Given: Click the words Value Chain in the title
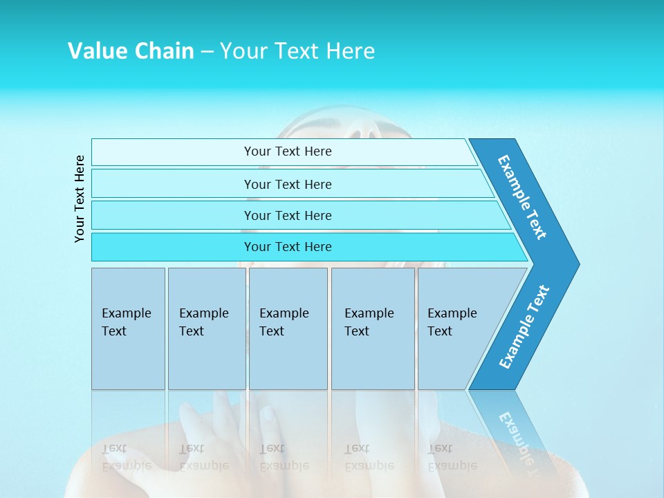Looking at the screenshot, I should [131, 50].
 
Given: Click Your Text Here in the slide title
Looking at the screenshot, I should [297, 50].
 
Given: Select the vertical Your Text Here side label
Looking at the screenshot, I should [80, 199].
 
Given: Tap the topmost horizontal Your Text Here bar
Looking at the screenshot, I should [287, 151].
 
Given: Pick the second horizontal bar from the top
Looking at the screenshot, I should [287, 184].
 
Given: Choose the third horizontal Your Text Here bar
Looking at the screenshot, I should [287, 215].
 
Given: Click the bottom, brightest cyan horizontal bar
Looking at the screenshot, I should [287, 247].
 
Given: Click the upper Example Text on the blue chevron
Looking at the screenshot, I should [522, 197].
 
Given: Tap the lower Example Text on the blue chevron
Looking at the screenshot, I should [524, 326].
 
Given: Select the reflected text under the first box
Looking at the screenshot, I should [126, 457].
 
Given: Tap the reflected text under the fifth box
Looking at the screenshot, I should [452, 457].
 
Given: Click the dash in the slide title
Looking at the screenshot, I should [207, 51].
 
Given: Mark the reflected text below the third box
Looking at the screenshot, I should [284, 457].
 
